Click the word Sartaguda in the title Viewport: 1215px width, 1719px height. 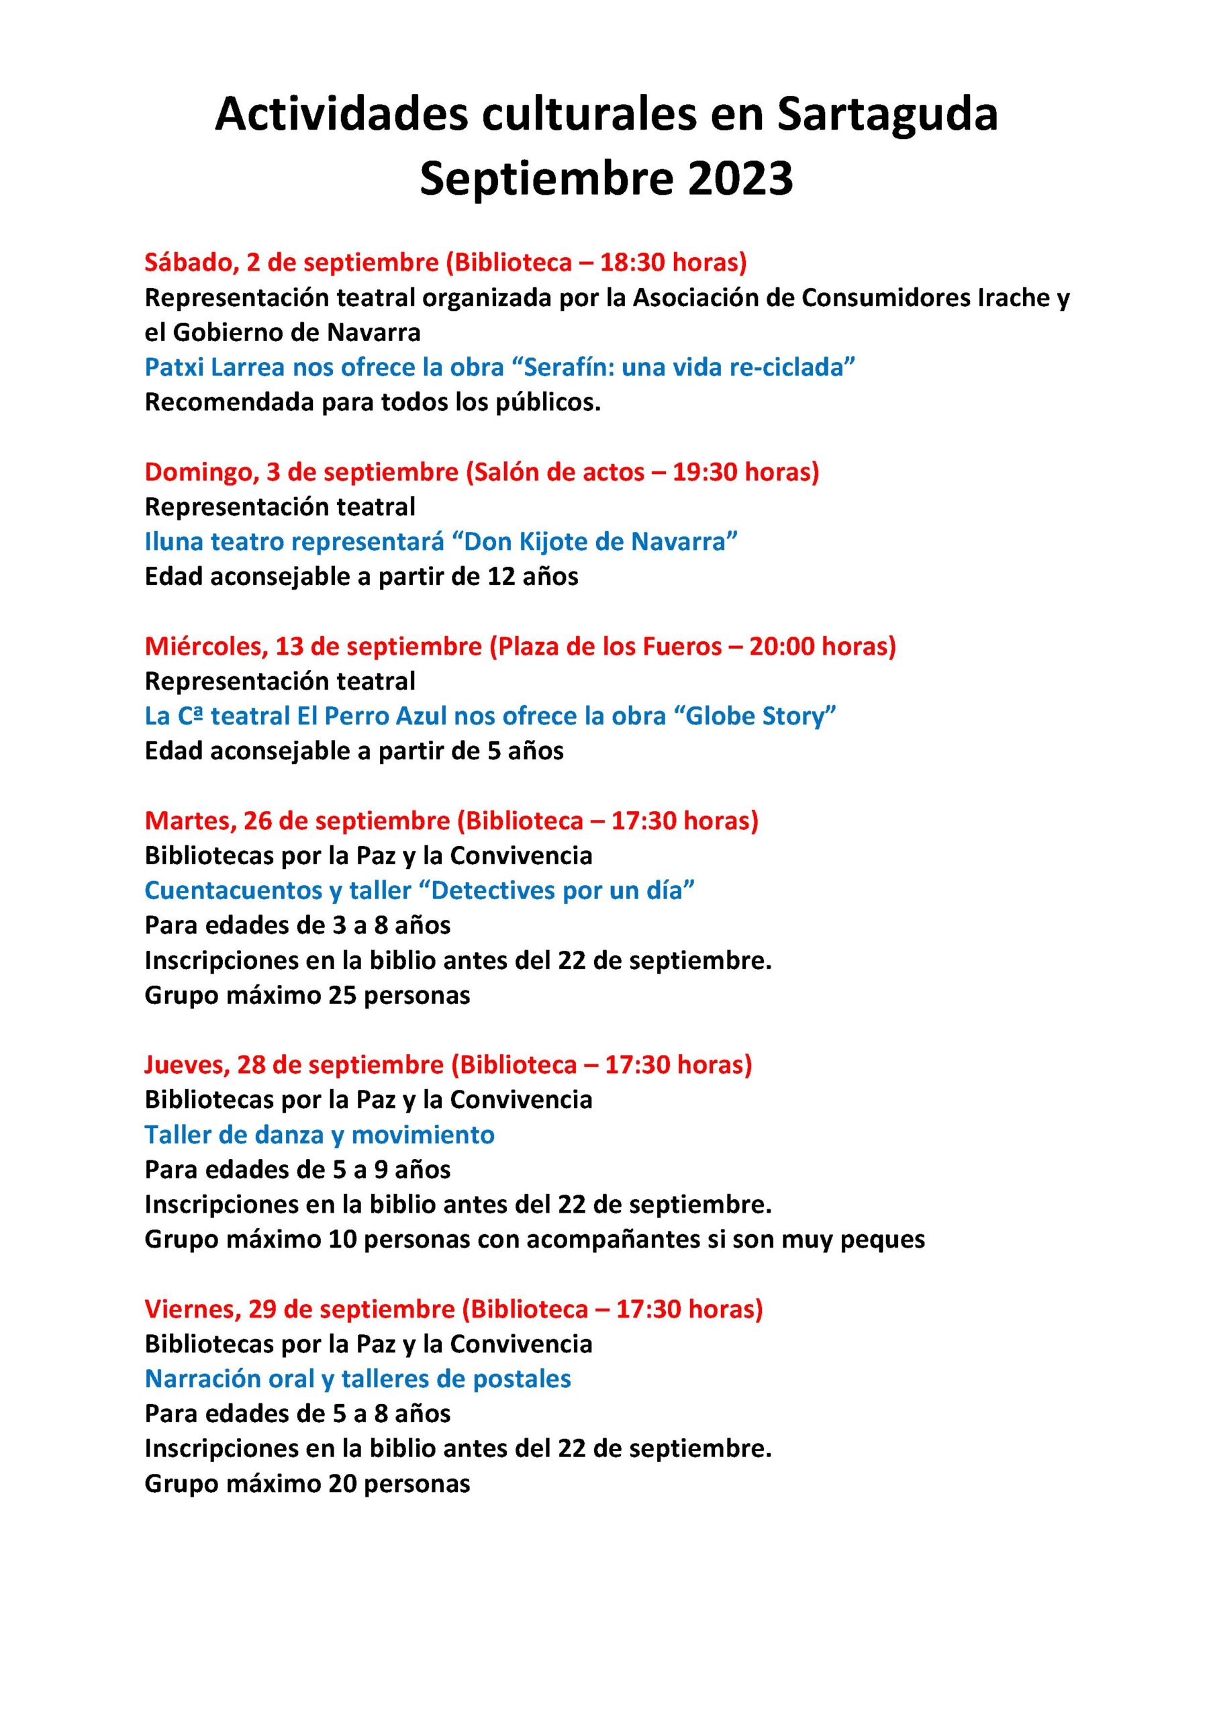coord(887,116)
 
